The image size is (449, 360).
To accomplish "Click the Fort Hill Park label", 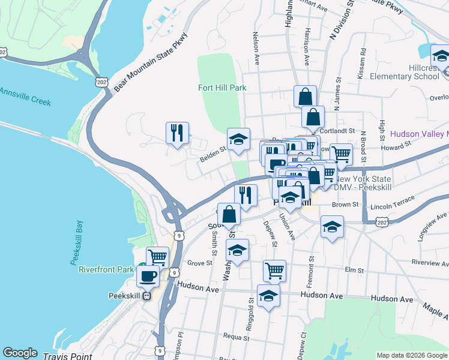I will (x=222, y=88).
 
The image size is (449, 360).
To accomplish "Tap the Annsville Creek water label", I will (x=25, y=97).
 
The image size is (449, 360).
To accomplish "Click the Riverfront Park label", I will (x=106, y=269).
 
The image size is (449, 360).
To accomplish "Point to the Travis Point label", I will (x=67, y=356).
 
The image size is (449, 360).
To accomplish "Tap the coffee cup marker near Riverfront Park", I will (x=148, y=277).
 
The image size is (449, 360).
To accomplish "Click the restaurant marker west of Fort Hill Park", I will (x=177, y=133).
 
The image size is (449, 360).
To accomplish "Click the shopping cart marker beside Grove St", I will (x=157, y=257).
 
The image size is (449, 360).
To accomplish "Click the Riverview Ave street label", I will (x=429, y=262).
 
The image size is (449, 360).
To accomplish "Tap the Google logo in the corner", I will (x=20, y=353).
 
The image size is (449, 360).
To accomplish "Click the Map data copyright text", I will (x=412, y=355).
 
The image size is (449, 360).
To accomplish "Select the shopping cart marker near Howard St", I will (x=341, y=154).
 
